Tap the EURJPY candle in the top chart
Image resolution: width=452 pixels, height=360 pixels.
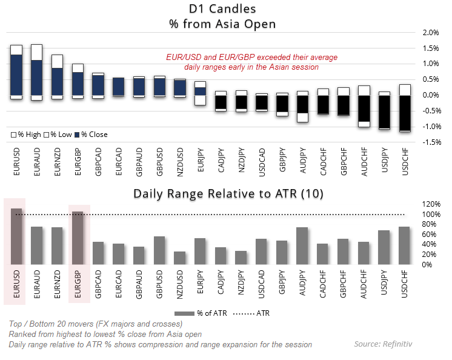(x=200, y=92)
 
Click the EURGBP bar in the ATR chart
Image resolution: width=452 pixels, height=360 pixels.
(x=78, y=238)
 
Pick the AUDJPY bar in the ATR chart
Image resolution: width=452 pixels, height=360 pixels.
(x=302, y=245)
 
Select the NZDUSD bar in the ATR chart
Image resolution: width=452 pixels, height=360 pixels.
(x=179, y=258)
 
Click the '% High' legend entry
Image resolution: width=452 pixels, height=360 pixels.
(x=25, y=135)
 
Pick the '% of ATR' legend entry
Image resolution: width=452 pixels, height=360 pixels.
(x=203, y=313)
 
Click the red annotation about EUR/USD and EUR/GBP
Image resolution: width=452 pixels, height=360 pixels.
(x=251, y=62)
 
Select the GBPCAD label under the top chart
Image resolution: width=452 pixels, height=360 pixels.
(x=98, y=162)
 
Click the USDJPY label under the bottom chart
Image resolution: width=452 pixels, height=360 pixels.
(x=384, y=284)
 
